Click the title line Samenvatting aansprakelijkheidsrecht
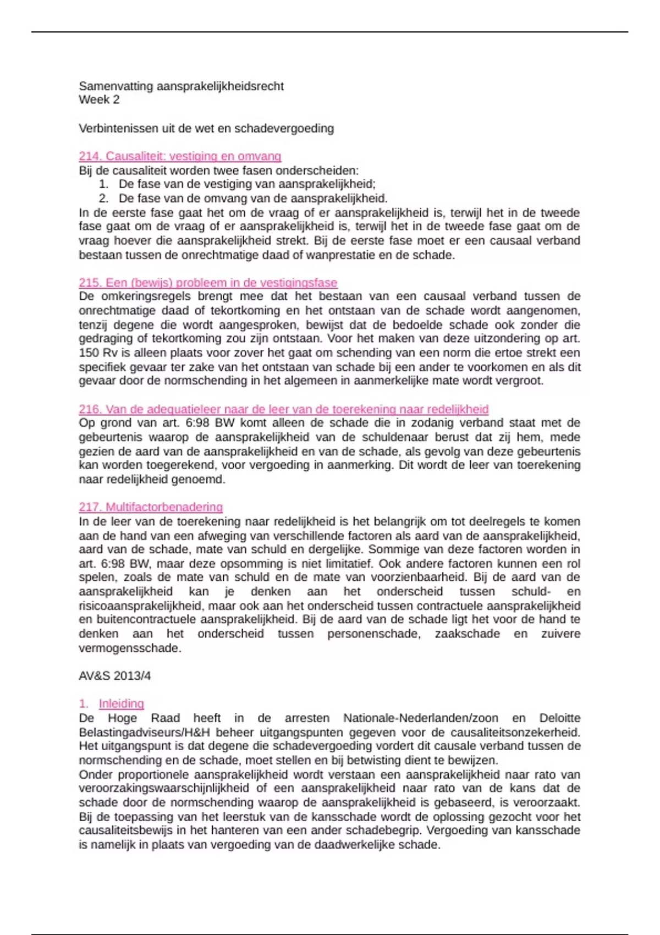pos(181,86)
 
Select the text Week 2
pos(99,100)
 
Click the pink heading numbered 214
pos(180,156)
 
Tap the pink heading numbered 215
pos(207,283)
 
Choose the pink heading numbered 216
pos(283,409)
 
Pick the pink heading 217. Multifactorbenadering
pos(151,507)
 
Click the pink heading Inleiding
pos(121,703)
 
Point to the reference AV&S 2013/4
pos(114,676)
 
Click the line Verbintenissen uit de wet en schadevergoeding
pos(206,129)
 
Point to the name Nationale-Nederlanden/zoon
pos(421,718)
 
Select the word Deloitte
pos(559,718)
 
